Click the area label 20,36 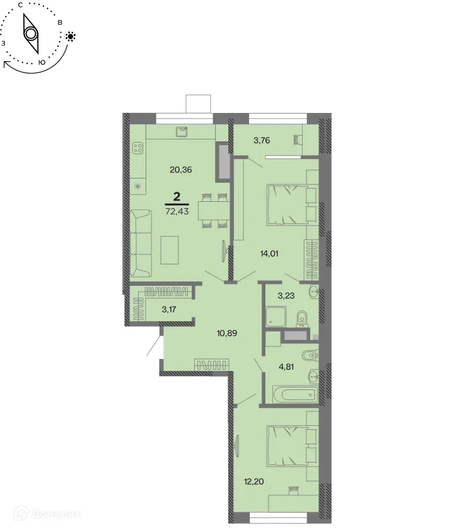point(181,169)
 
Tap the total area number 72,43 point(177,211)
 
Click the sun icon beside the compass point(70,37)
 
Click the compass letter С point(21,5)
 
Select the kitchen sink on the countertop point(182,131)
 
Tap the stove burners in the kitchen point(137,149)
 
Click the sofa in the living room point(142,243)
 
